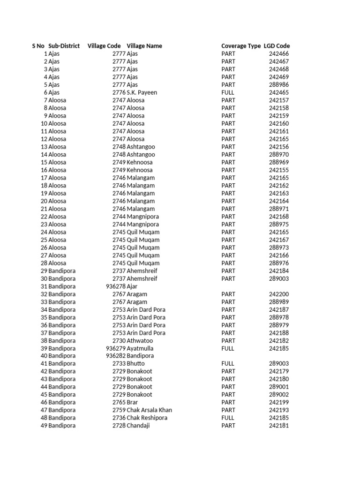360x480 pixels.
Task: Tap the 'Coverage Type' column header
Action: tap(241, 46)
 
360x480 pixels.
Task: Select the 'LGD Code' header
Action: tap(277, 46)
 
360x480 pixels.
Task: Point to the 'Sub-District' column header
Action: tap(64, 46)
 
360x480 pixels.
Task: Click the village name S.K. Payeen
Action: tap(142, 92)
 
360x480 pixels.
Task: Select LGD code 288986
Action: tap(279, 85)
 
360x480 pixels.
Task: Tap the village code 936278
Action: tap(116, 286)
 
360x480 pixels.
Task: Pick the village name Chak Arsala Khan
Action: tap(150, 410)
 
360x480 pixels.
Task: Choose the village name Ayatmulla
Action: tap(140, 348)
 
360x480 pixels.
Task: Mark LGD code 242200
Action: tap(279, 294)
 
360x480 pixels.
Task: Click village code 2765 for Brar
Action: tap(119, 402)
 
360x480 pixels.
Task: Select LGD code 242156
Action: tap(279, 147)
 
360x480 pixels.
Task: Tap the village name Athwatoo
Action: tap(140, 341)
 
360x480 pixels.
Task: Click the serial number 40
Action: tap(44, 356)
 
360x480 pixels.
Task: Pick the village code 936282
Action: tap(116, 356)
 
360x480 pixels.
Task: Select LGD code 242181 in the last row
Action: tap(279, 426)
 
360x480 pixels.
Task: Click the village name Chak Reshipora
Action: tap(147, 418)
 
